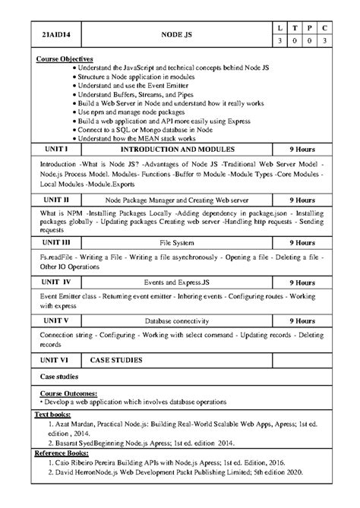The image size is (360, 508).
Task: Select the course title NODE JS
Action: pos(177,35)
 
